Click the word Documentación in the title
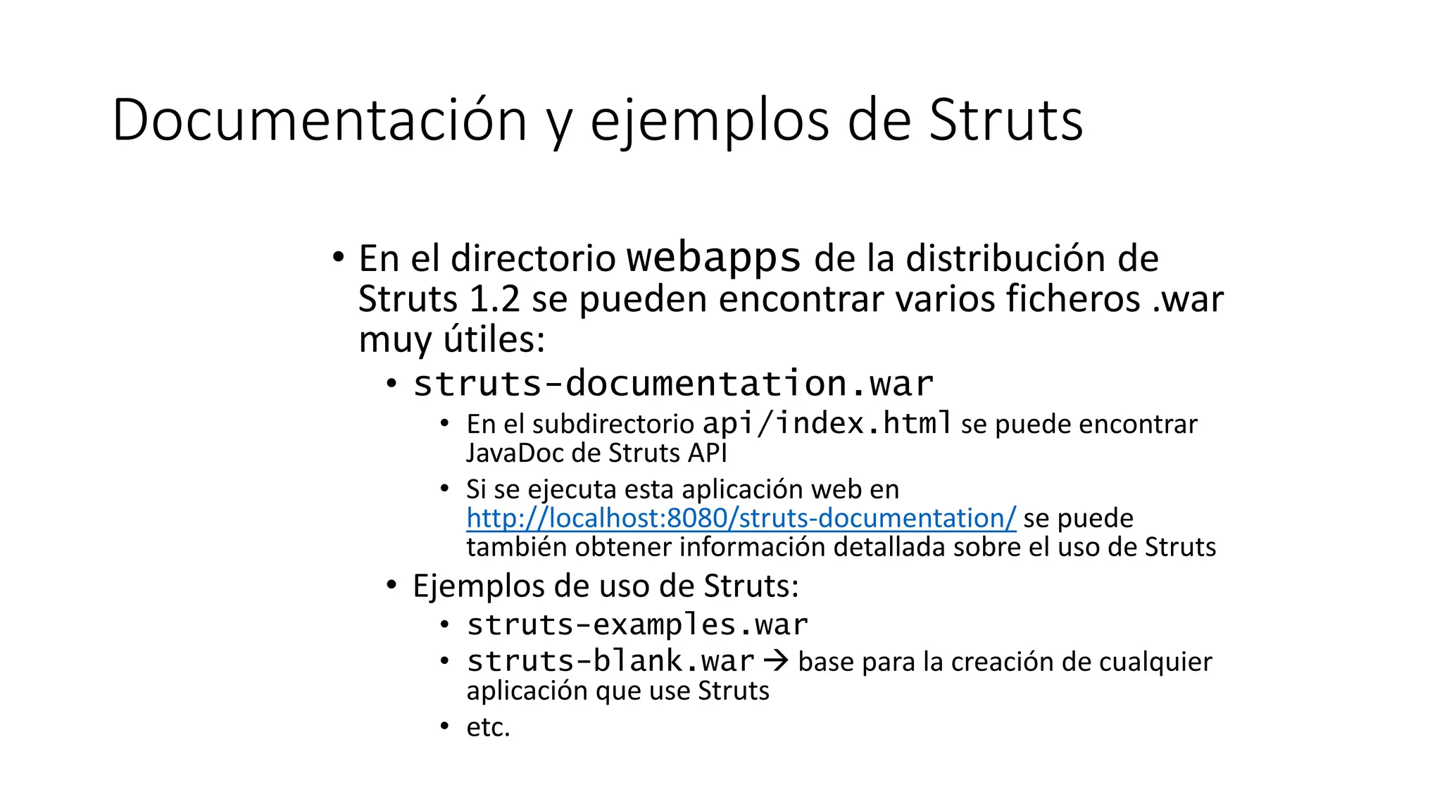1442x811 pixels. pos(319,120)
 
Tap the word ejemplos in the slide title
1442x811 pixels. pos(710,120)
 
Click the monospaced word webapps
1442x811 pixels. pos(713,258)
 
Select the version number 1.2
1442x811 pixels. pos(494,298)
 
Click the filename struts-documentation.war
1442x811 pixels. pos(673,384)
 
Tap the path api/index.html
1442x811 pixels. pos(827,423)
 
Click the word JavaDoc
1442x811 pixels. pos(515,453)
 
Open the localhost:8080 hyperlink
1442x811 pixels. pos(741,518)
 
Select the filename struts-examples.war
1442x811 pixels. pos(637,624)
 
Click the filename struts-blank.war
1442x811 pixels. pos(610,661)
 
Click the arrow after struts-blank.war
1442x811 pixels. pos(776,661)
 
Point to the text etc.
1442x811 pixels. pos(488,727)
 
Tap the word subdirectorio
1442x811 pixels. pos(613,425)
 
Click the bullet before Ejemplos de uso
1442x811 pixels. pos(392,585)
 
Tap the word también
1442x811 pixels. pos(517,547)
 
